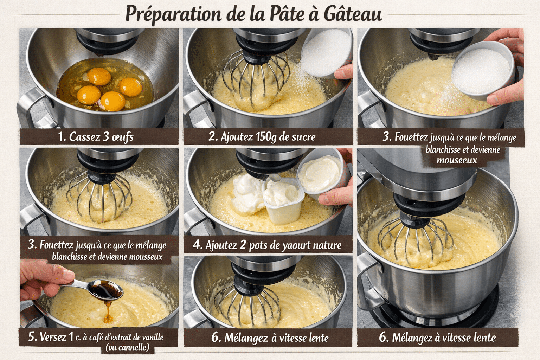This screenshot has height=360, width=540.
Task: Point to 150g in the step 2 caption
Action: point(266,136)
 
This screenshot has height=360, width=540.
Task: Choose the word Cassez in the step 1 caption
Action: point(84,136)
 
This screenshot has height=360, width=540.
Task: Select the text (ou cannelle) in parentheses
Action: point(127,348)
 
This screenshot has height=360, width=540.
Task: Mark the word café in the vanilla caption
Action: point(96,337)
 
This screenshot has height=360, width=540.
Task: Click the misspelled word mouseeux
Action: point(457,160)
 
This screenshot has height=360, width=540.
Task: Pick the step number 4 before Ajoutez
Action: point(197,245)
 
